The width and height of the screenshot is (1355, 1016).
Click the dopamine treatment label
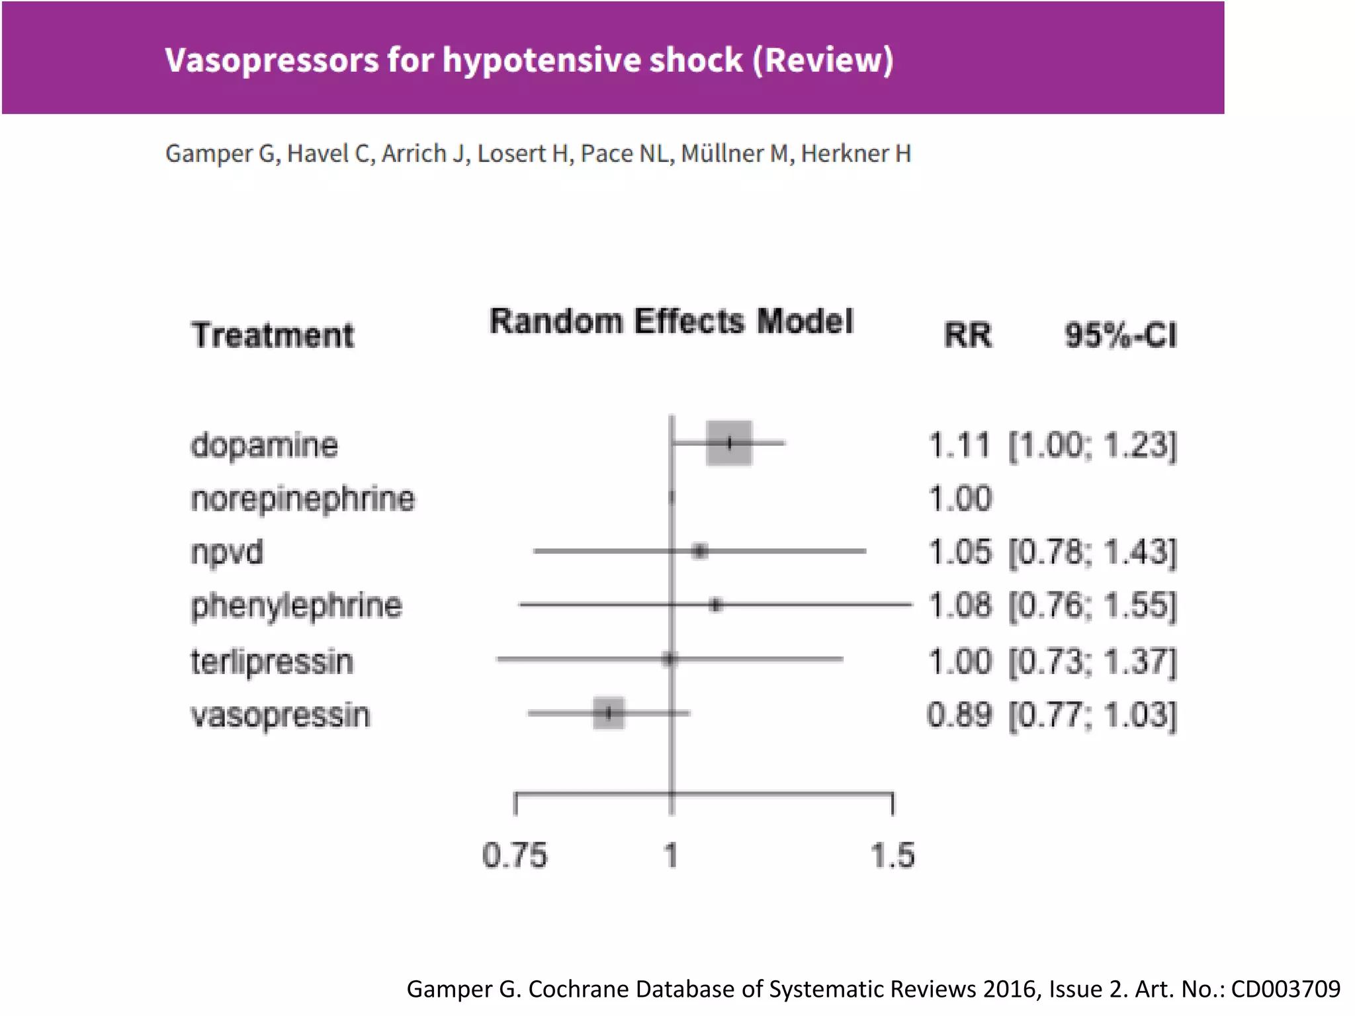point(264,445)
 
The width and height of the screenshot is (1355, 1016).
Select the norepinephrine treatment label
point(303,499)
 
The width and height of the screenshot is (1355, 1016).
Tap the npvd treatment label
point(227,552)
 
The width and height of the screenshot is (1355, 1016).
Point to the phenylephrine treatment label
point(296,606)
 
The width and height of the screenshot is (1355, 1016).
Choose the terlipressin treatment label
point(272,661)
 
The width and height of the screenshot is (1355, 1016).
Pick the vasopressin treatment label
point(281,715)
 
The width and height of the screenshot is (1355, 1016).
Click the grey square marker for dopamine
point(729,443)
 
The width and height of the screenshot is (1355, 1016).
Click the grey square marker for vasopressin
point(609,713)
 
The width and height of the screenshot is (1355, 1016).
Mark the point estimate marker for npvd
point(700,551)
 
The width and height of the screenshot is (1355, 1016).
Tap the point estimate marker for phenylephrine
point(715,605)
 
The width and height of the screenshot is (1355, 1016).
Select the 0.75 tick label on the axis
point(515,855)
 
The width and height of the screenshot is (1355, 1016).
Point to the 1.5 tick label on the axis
point(893,855)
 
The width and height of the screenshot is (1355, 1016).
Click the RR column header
point(967,335)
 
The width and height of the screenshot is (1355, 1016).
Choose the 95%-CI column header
point(1121,335)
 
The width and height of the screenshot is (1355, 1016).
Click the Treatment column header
point(273,335)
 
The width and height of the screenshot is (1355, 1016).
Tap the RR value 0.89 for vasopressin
point(959,715)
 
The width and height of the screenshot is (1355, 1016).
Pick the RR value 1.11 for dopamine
point(959,445)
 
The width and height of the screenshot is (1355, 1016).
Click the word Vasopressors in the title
point(271,60)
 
